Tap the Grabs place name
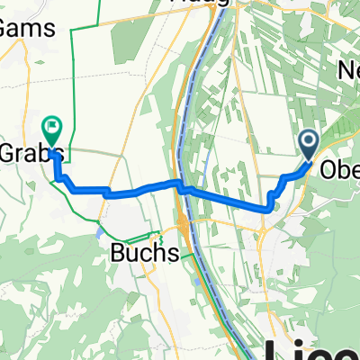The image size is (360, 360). click(27, 148)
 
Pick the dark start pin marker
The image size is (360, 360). click(308, 142)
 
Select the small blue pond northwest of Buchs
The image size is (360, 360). click(97, 229)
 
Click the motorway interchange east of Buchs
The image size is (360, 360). click(184, 223)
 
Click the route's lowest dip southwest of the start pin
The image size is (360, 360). click(268, 210)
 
